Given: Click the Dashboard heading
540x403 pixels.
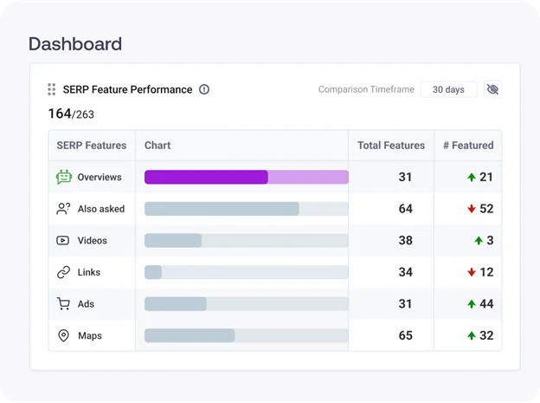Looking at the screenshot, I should [75, 43].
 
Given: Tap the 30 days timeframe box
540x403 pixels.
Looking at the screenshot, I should [448, 89].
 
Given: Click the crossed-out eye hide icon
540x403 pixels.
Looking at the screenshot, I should [492, 89].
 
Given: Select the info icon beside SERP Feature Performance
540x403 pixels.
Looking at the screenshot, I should [204, 89].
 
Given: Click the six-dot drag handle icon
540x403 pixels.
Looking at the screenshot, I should [52, 89].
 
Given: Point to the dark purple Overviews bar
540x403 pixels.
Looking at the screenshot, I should [206, 177].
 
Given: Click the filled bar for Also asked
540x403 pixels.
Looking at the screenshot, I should [222, 209].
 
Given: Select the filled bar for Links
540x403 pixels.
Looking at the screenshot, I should [153, 272].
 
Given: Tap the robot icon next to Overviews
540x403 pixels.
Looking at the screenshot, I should [63, 177].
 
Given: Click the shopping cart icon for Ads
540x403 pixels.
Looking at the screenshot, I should [63, 304].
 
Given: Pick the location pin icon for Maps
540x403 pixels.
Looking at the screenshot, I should [63, 335].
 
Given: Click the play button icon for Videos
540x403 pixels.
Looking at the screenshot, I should [63, 240].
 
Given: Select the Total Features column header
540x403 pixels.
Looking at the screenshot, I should [391, 146].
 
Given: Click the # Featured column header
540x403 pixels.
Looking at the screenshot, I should [468, 146].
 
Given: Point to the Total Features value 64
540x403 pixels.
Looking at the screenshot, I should [406, 209].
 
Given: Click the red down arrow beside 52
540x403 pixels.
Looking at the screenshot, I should [472, 209].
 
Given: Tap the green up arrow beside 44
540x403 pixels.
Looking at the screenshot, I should [472, 304].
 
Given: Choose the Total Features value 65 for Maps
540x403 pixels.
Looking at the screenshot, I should [406, 335].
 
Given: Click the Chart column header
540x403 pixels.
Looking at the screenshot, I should [157, 146].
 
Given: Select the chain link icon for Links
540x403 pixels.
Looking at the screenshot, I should [63, 272].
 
